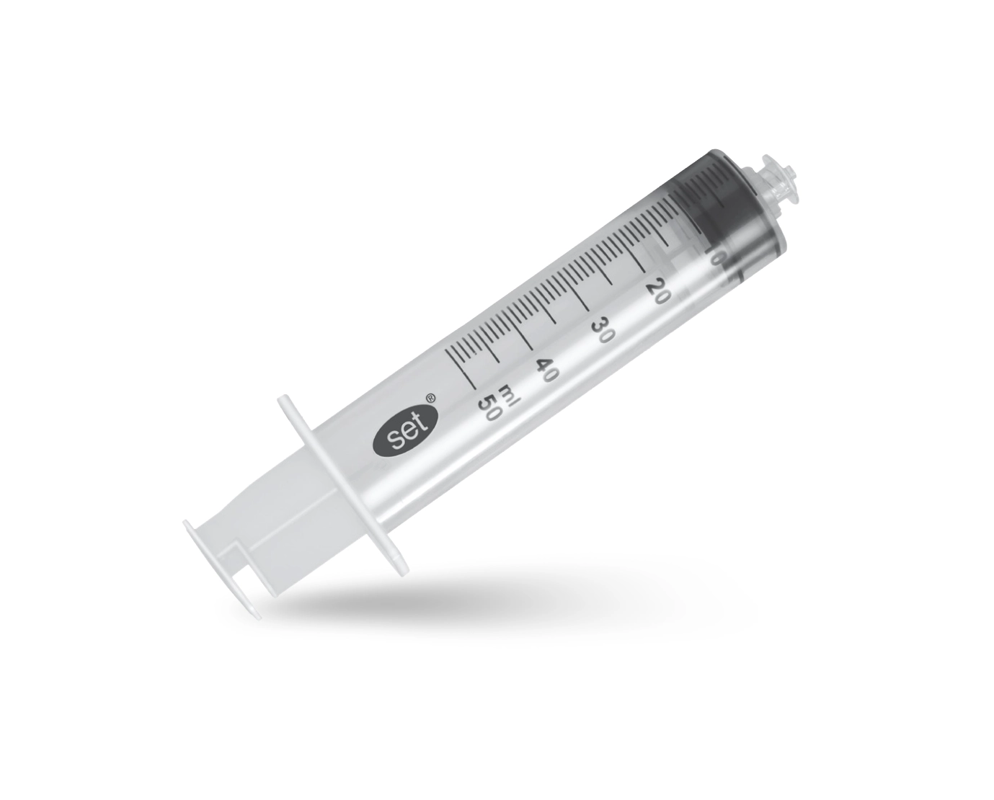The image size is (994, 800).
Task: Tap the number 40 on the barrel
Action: click(x=547, y=368)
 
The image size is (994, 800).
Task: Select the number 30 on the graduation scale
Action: click(x=603, y=329)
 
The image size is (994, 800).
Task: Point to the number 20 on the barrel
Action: click(x=657, y=291)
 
